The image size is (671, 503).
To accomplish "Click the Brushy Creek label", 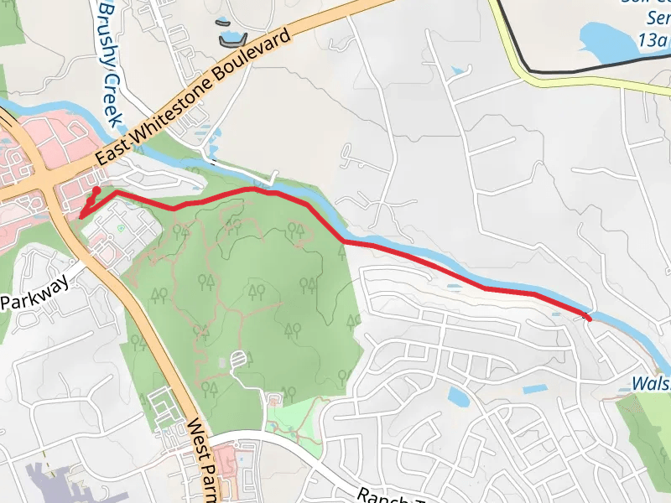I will tap(110, 63).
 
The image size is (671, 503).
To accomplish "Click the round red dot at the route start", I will tap(96, 191).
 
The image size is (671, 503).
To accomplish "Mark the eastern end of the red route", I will tap(587, 317).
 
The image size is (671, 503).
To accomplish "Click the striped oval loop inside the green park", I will tap(239, 360).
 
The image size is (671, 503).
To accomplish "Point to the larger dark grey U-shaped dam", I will tap(231, 39).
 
